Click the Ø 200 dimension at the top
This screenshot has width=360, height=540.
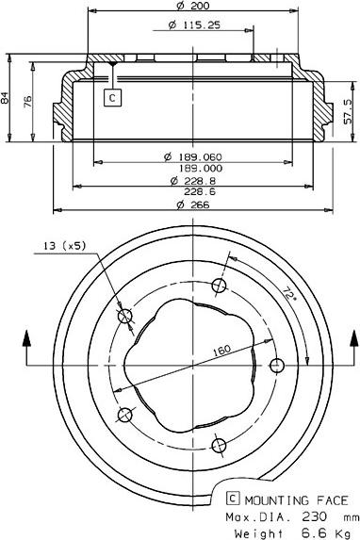tap(192, 7)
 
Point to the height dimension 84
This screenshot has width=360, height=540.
tap(8, 96)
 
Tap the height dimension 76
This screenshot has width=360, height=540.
tap(27, 100)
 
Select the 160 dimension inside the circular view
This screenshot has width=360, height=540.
tap(221, 351)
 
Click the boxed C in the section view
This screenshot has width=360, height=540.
tap(113, 96)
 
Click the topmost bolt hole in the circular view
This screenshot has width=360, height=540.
tap(220, 286)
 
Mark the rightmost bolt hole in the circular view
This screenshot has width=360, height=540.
tap(276, 365)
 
